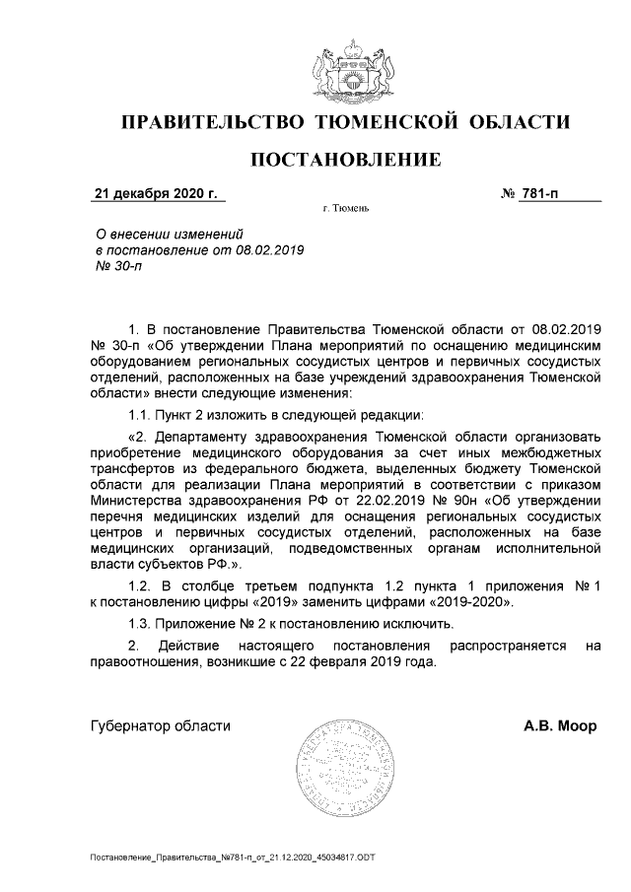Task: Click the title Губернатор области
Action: click(160, 726)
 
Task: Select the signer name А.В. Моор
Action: click(559, 726)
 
